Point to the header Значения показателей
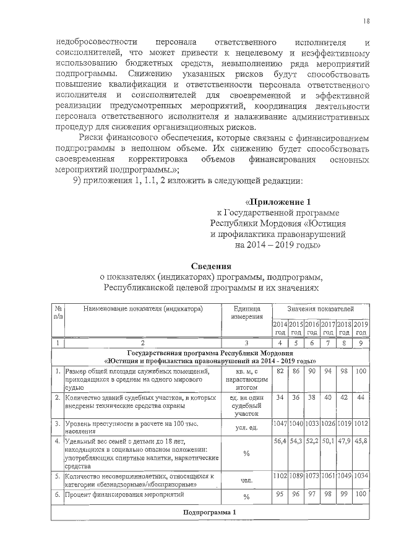(x=321, y=308)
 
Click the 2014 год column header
(x=280, y=329)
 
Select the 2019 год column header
(x=361, y=329)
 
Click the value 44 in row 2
(x=361, y=397)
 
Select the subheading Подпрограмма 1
(x=210, y=514)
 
